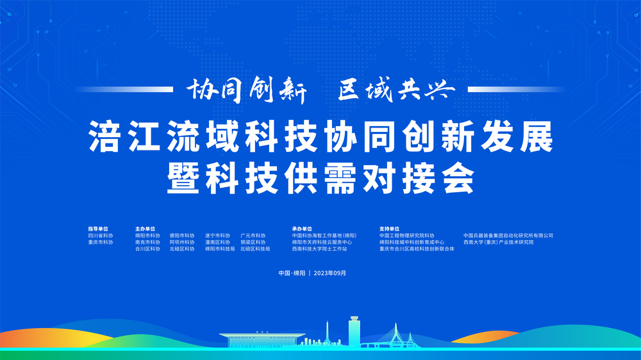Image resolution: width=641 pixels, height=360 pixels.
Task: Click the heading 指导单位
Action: click(98, 229)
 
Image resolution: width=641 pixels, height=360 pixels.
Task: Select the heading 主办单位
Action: click(145, 229)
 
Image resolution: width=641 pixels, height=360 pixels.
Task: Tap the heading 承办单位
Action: click(302, 229)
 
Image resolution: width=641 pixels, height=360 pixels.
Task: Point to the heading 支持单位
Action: click(389, 229)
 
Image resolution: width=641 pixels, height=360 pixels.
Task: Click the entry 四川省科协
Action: click(101, 236)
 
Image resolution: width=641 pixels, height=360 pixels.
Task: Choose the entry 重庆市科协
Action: click(101, 243)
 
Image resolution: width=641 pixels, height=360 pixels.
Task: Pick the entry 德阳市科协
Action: click(182, 236)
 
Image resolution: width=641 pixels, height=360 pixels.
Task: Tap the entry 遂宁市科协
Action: click(217, 236)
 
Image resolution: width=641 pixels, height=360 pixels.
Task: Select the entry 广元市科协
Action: click(253, 236)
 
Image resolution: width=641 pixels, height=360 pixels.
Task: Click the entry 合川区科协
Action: click(147, 249)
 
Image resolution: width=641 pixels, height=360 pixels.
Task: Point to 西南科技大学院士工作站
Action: click(319, 249)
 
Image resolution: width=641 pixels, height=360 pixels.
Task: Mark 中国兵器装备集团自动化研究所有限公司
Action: click(508, 236)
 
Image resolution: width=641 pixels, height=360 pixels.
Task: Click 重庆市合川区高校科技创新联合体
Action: click(417, 249)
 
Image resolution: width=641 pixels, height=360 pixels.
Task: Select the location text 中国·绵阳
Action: click(292, 273)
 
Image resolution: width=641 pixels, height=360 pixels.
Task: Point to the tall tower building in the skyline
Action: click(354, 330)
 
